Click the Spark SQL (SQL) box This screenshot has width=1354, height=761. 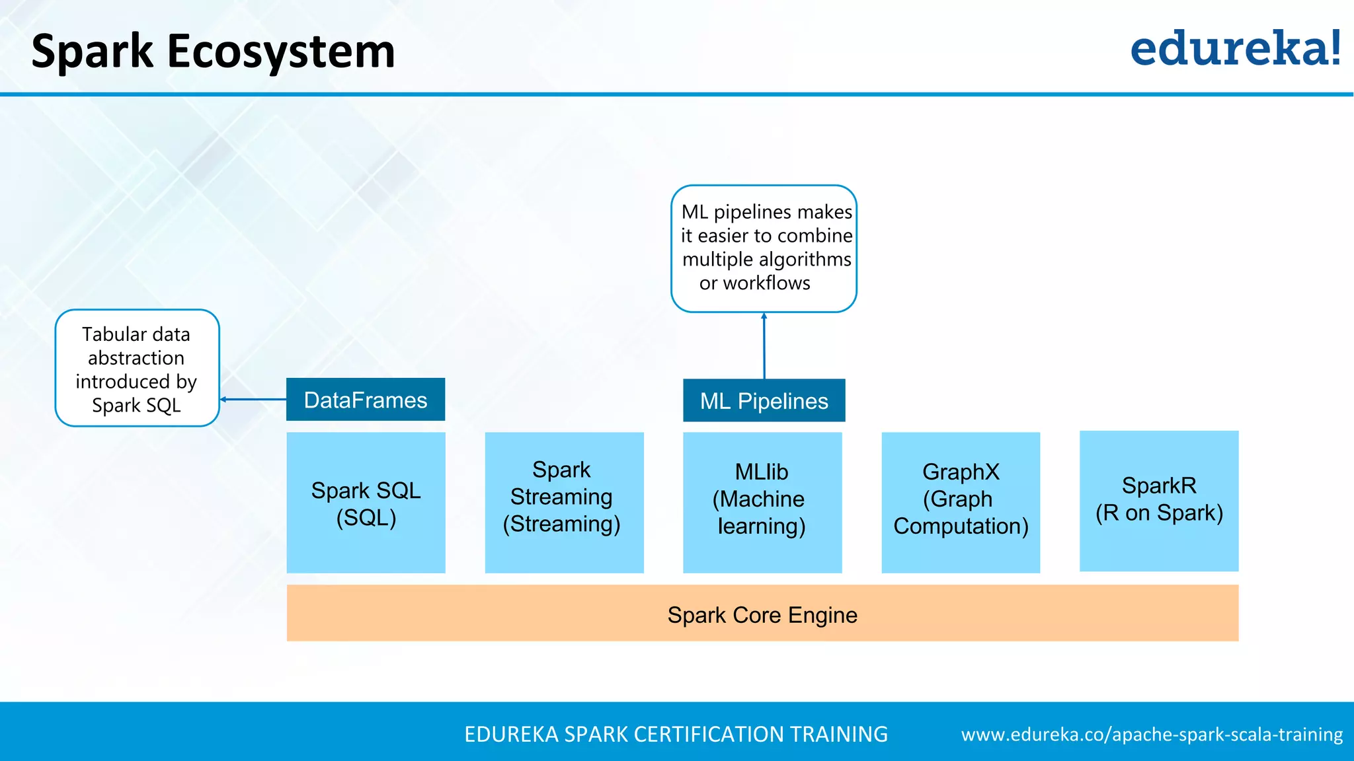coord(366,503)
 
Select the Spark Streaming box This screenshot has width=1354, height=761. coord(564,503)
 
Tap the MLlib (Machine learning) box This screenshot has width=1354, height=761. coord(762,503)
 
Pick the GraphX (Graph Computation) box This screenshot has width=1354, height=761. coord(961,503)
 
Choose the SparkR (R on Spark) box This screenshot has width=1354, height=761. coord(1159,501)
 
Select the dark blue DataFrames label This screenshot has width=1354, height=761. coord(366,400)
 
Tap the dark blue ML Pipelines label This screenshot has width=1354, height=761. coord(764,400)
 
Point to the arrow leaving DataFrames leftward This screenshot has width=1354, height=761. coord(253,399)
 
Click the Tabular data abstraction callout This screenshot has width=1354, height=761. coord(137,368)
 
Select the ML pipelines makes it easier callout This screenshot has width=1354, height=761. coord(764,248)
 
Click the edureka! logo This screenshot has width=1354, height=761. coord(1235,49)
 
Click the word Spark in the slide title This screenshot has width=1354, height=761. coord(92,52)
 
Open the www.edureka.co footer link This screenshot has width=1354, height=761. coord(1152,735)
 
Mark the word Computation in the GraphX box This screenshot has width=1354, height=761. coord(961,526)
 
